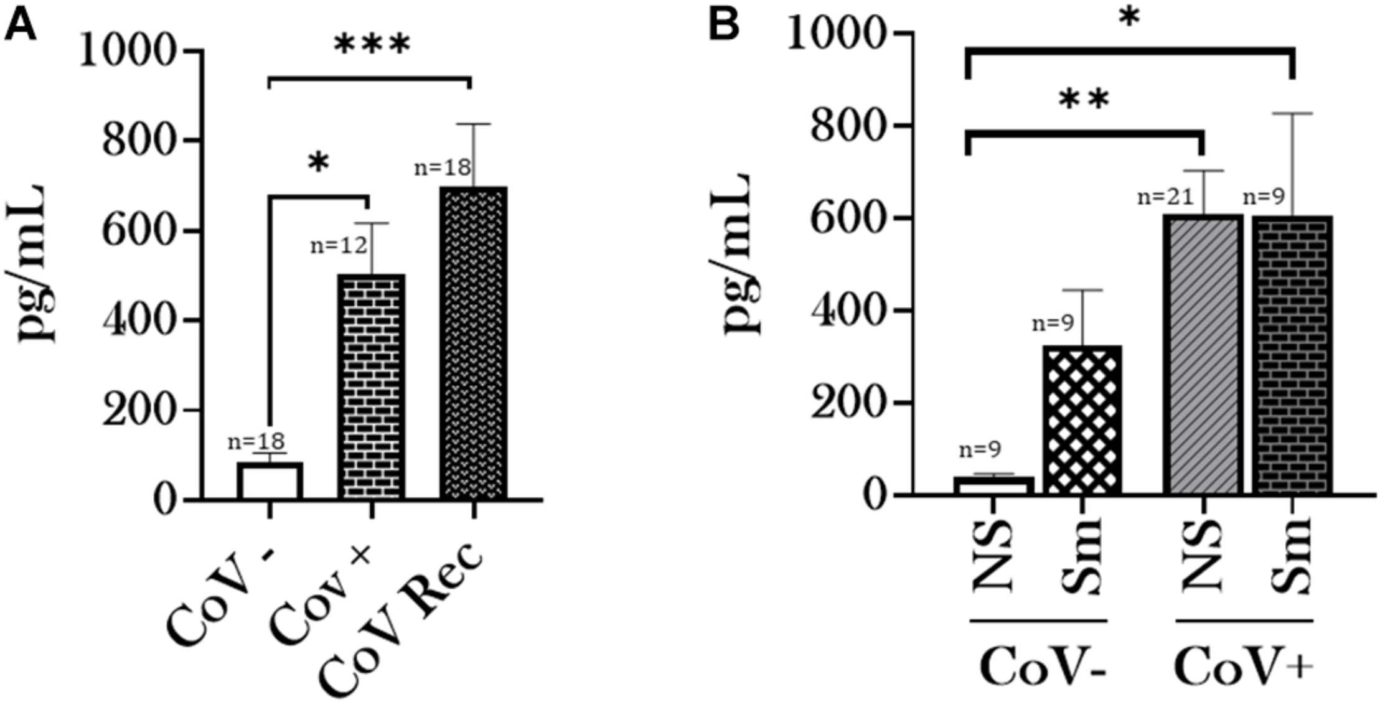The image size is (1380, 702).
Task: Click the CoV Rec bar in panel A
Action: point(473,342)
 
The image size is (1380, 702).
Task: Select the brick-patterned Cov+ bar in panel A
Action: point(372,386)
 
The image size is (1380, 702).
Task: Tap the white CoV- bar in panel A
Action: point(270,480)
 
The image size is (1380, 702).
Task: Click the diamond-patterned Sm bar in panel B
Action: point(1083,420)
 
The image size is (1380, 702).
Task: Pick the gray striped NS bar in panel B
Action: point(1203,355)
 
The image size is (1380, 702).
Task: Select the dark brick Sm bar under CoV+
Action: point(1292,355)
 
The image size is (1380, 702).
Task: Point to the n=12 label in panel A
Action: point(339,246)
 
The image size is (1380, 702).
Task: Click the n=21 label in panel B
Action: point(1165,197)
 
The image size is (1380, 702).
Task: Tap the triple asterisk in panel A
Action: point(372,45)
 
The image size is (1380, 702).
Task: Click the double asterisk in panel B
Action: point(1084,100)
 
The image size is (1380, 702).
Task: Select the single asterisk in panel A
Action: point(318,164)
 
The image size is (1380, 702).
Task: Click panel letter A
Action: point(20,26)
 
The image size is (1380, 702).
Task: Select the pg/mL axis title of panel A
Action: point(31,261)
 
